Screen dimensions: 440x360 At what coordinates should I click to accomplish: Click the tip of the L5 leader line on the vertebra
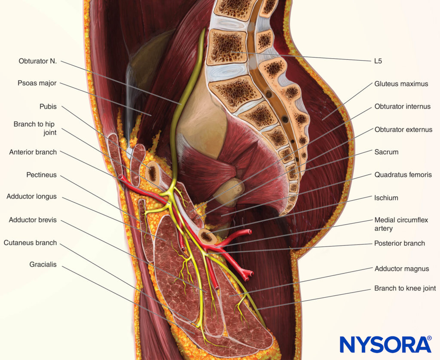coord(231,52)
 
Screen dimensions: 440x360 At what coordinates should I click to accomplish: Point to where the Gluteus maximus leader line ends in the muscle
coord(322,120)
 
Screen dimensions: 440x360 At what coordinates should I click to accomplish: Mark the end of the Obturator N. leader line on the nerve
coord(181,104)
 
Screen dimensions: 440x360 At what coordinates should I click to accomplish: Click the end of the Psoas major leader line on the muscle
coord(151,115)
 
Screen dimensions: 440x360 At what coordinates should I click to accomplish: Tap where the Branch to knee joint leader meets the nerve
coord(257,309)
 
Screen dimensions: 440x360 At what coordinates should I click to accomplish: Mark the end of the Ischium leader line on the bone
coord(207,233)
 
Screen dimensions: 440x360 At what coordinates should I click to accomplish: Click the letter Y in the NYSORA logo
coord(365,344)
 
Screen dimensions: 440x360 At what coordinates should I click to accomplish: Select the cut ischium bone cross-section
coord(207,236)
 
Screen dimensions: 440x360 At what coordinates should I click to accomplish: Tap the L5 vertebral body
coord(227,47)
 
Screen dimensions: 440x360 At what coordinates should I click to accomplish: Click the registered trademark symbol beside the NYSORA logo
coord(429,338)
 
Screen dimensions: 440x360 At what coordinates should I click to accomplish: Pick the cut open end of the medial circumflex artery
coord(249,232)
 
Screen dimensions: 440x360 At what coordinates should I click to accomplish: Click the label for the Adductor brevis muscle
coord(33,220)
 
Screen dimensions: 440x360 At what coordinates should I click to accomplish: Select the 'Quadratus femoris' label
coord(403,174)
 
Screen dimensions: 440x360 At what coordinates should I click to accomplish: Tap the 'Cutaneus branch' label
coord(31,242)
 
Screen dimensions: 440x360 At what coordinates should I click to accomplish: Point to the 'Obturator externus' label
coord(403,129)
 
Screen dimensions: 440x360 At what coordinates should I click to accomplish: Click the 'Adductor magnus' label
coord(402,269)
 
